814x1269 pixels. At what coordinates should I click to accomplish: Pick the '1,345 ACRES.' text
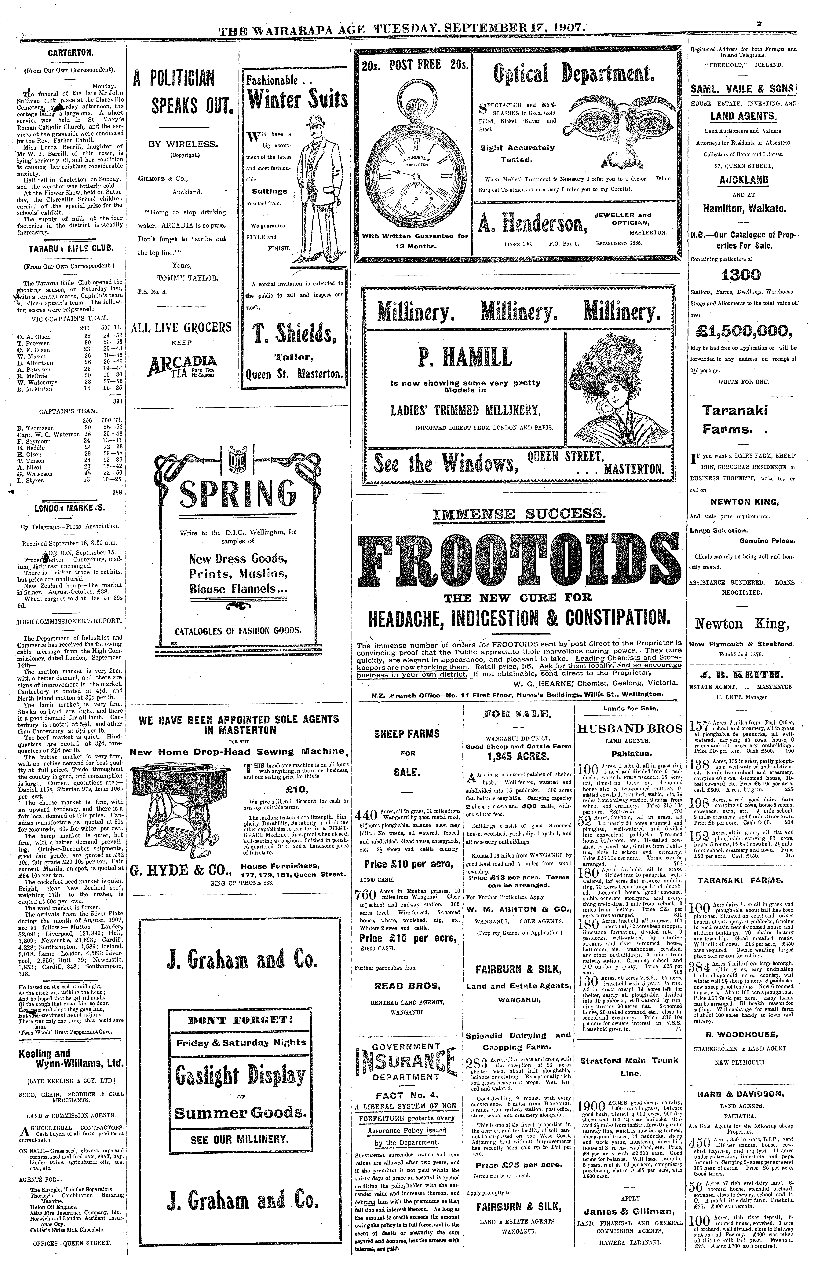coord(518,756)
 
